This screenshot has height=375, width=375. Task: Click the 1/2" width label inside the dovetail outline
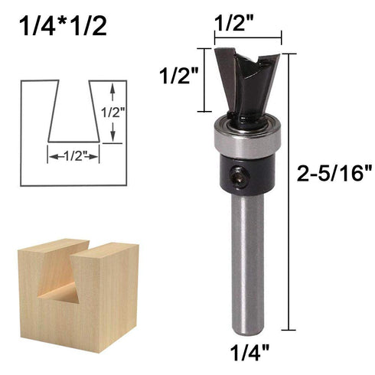pos(73,156)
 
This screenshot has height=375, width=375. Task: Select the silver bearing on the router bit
pos(247,139)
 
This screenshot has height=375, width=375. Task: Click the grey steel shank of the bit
pos(247,260)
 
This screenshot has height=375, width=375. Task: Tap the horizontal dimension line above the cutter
pos(248,34)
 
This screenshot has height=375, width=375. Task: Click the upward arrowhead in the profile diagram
pos(113,90)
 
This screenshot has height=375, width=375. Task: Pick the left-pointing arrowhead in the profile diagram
pos(53,156)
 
